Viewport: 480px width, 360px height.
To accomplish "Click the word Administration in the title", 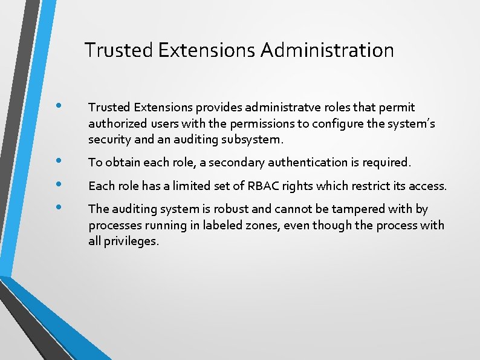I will coord(327,50).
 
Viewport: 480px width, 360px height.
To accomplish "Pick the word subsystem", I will coord(255,140).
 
